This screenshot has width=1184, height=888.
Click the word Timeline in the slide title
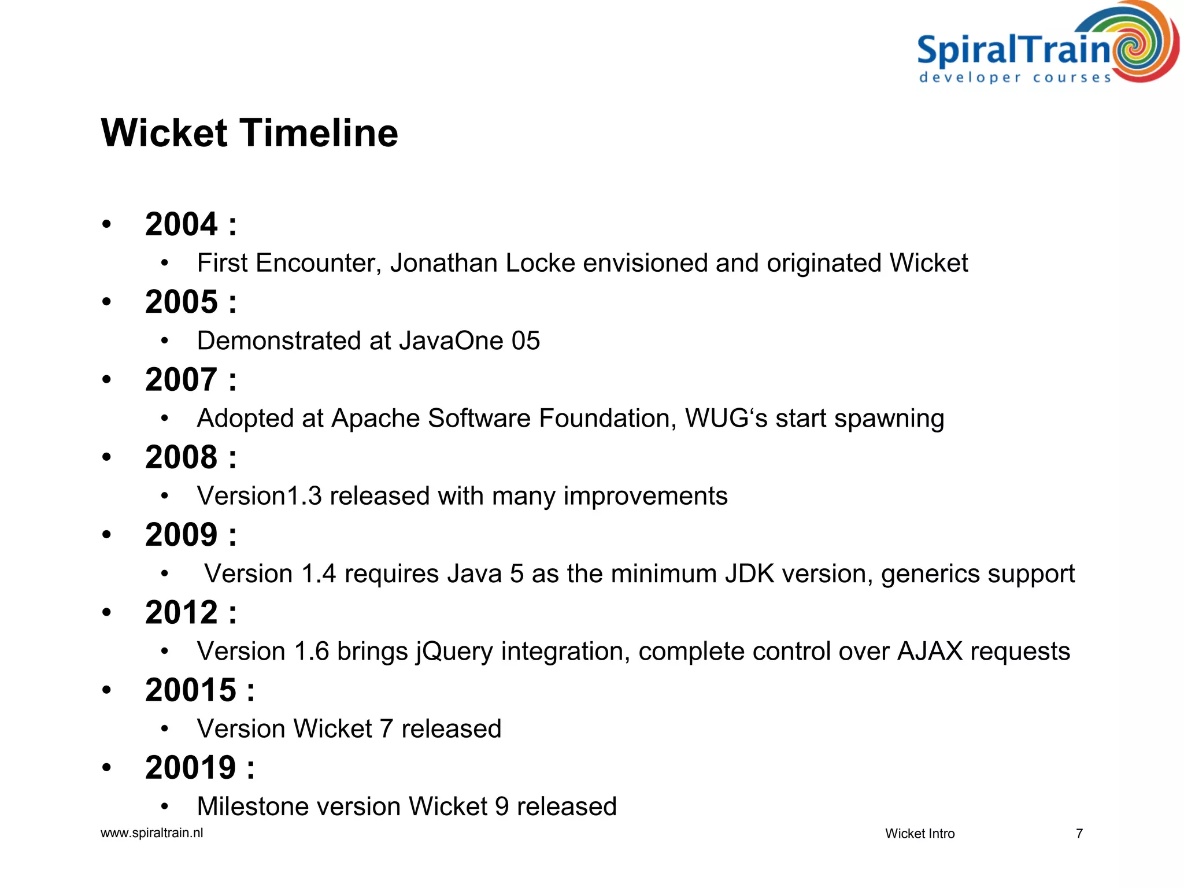319,134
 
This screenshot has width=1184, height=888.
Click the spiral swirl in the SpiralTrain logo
1142,43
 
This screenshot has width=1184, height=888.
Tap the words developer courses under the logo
1015,77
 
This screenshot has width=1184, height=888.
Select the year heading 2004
182,224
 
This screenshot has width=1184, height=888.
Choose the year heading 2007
182,380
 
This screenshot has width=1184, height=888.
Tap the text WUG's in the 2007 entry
726,418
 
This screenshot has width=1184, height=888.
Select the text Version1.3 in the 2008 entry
259,496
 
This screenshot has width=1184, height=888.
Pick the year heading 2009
182,535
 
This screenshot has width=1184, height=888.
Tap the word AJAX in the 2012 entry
930,651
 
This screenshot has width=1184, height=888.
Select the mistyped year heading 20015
191,690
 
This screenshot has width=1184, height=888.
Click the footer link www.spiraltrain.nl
151,833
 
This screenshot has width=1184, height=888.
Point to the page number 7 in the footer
1079,834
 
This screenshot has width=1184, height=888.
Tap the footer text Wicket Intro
920,834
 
